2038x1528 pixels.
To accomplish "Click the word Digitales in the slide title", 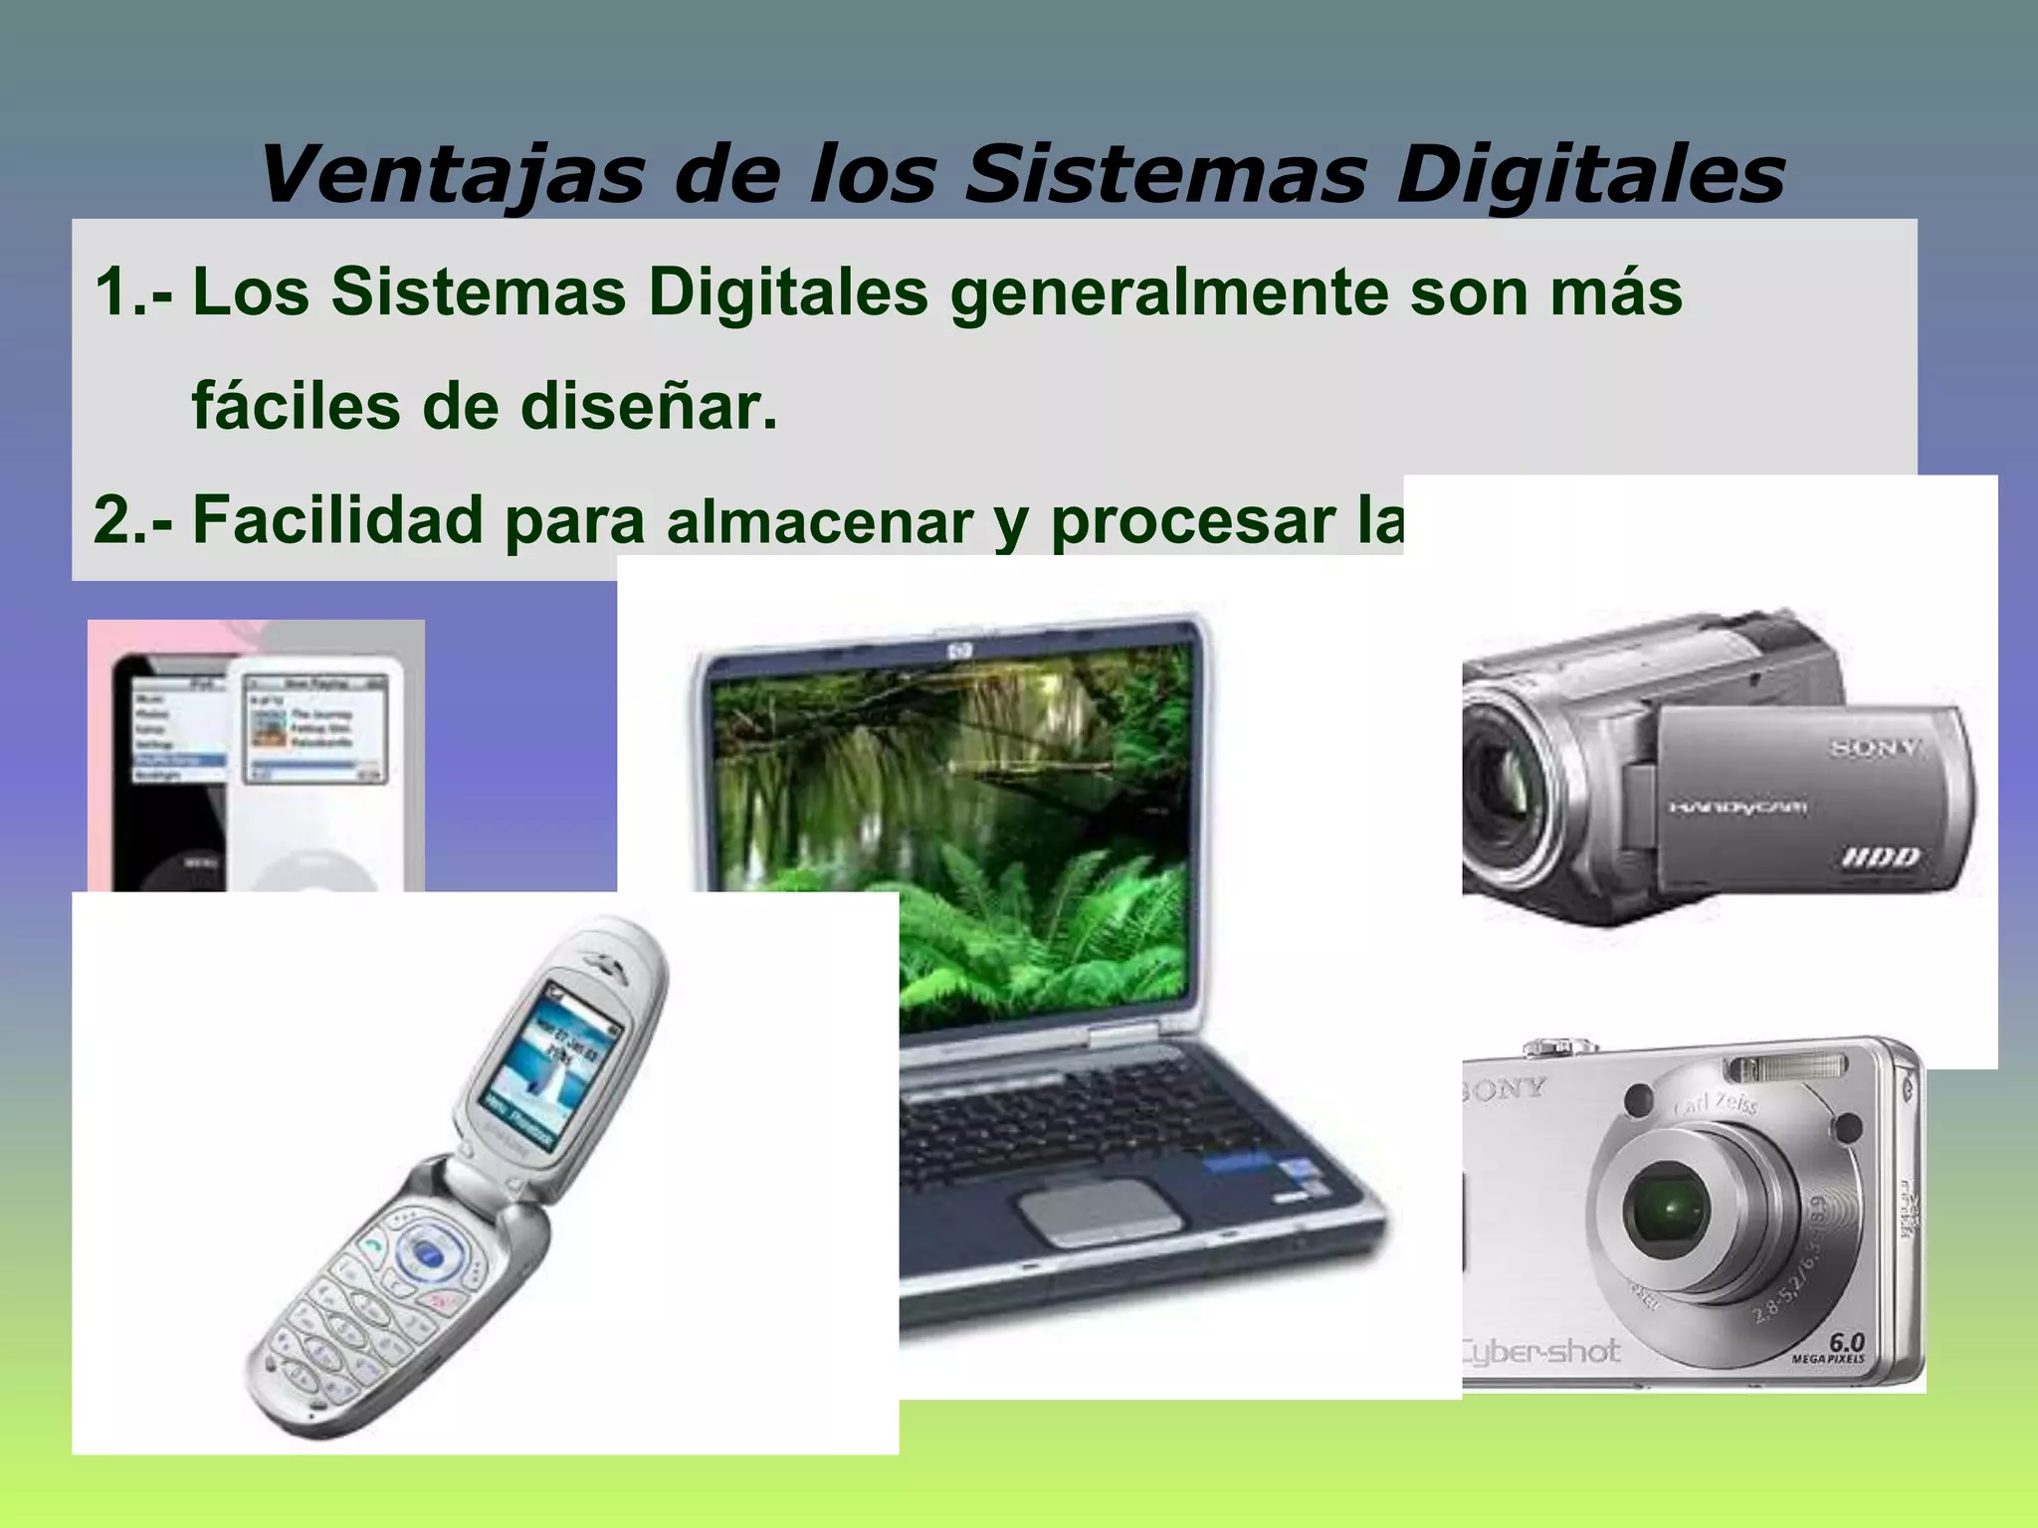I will tap(1589, 175).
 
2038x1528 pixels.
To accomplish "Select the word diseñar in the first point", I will tap(648, 407).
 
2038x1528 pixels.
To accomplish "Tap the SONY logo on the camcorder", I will tap(1874, 748).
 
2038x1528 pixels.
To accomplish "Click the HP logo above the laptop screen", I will tap(960, 651).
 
